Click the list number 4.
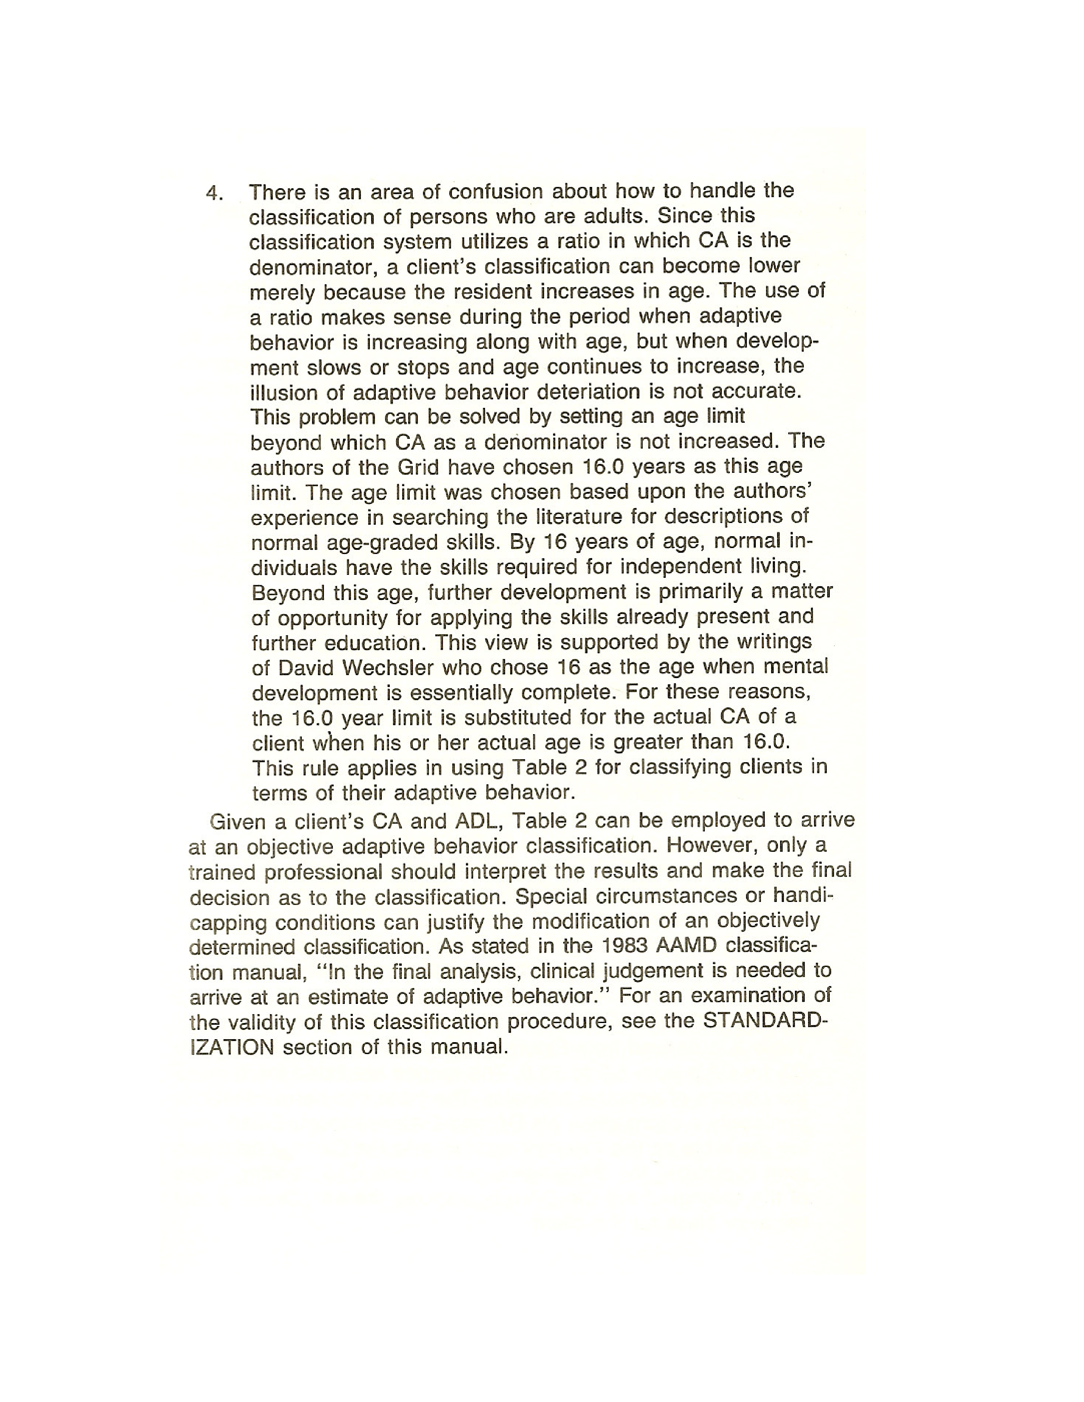click(x=214, y=193)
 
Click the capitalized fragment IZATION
click(x=232, y=1048)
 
